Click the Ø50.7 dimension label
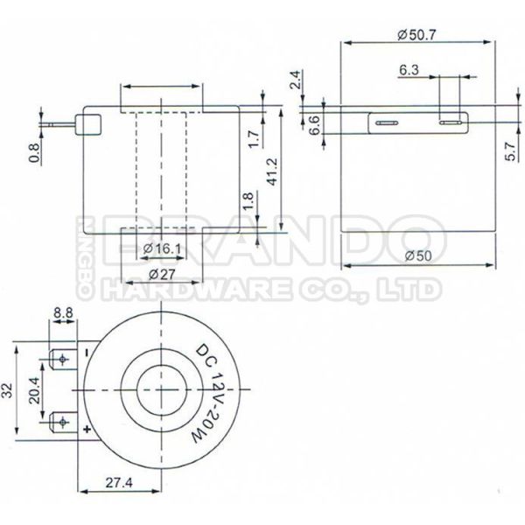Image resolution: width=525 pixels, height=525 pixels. point(417,35)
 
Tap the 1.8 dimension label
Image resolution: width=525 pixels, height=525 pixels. point(248,203)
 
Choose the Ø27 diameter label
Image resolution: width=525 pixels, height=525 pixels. point(161,273)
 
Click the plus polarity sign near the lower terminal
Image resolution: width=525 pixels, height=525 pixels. point(87,430)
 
